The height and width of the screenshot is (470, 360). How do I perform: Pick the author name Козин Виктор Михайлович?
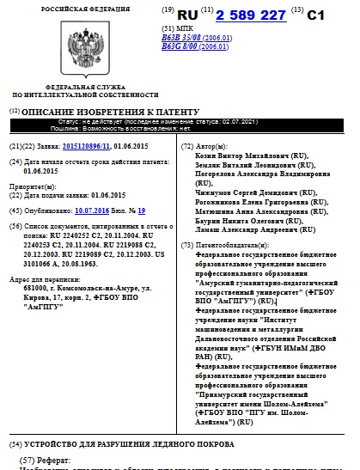tap(243, 158)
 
